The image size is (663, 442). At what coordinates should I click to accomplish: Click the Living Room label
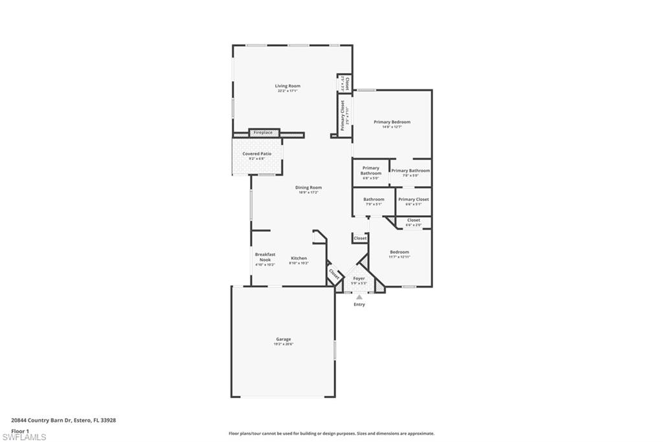[x=287, y=86]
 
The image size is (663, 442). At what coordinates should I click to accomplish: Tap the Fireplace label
[x=263, y=132]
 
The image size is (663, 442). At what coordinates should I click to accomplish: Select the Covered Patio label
[x=257, y=154]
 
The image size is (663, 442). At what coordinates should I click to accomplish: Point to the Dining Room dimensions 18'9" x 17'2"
[x=309, y=192]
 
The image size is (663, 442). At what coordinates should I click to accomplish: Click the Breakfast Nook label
[x=265, y=257]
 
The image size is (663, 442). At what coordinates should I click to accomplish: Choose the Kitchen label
[x=298, y=258]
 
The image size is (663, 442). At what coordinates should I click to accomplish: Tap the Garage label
[x=284, y=339]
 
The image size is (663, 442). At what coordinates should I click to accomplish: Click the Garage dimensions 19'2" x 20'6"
[x=284, y=344]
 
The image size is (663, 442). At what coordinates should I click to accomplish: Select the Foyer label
[x=359, y=278]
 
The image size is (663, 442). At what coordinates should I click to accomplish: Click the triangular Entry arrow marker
[x=359, y=297]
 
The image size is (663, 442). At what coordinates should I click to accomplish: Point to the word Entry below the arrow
[x=359, y=305]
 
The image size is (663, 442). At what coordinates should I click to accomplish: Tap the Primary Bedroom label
[x=392, y=122]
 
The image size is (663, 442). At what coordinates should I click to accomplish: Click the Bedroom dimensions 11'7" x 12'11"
[x=399, y=257]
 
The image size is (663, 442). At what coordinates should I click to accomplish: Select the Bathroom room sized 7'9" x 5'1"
[x=374, y=201]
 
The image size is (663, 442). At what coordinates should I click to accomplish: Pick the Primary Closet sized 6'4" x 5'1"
[x=413, y=201]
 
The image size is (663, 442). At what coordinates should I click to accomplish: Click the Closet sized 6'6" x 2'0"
[x=413, y=222]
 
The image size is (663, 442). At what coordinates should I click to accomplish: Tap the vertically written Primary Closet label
[x=343, y=115]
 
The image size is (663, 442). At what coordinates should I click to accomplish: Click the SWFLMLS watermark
[x=24, y=437]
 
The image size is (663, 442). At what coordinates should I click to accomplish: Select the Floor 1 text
[x=21, y=430]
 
